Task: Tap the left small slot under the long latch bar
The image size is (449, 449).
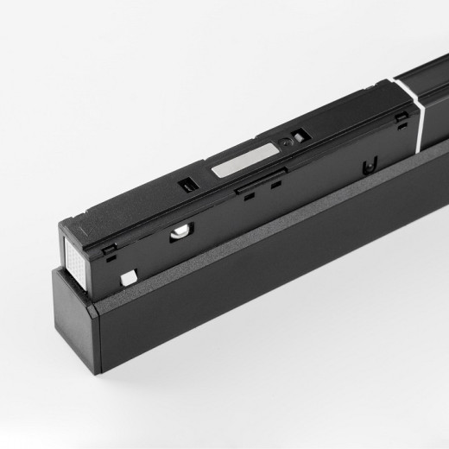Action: (x=248, y=194)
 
